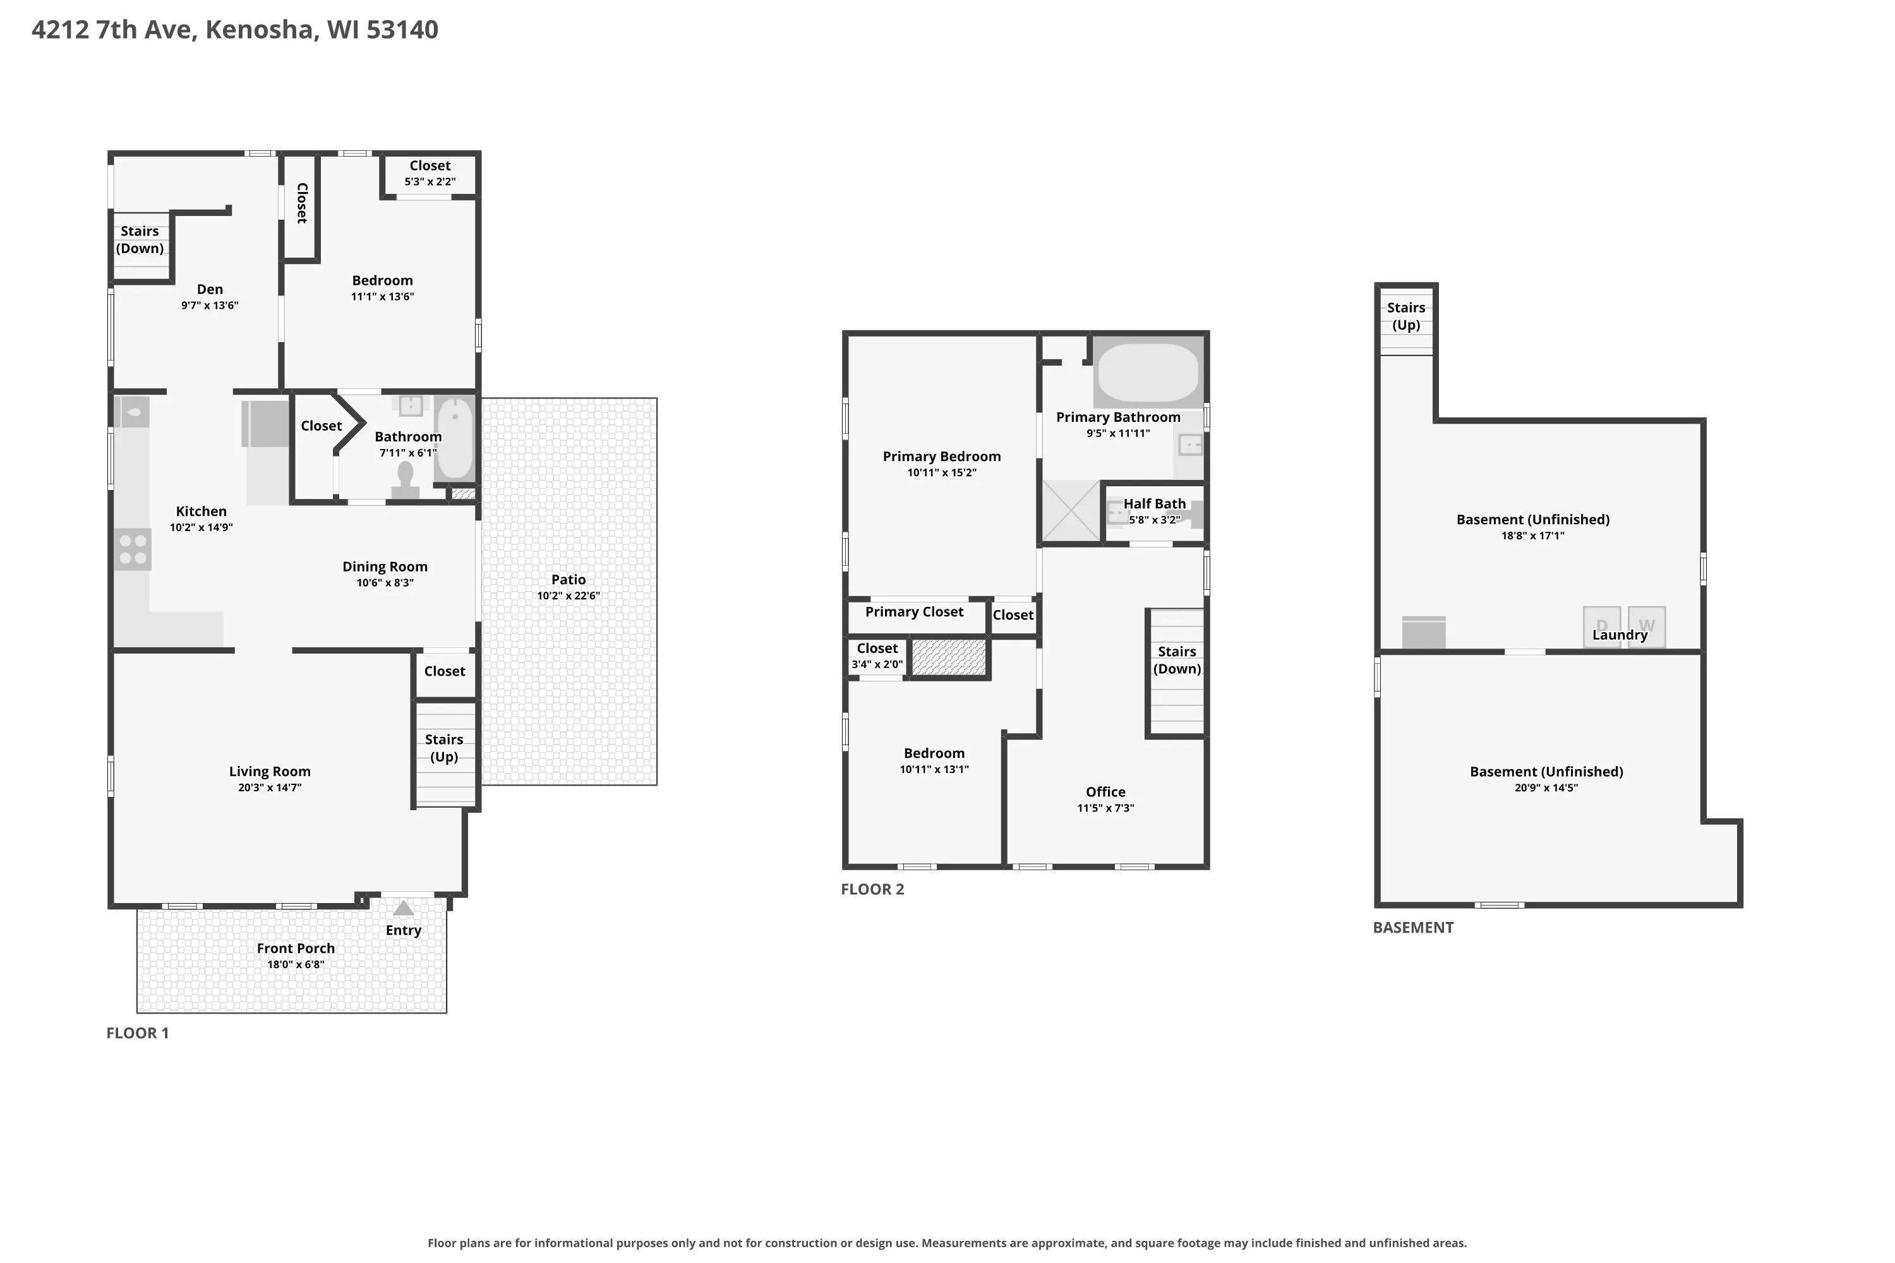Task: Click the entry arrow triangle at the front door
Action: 404,909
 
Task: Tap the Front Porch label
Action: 296,948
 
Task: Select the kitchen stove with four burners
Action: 132,549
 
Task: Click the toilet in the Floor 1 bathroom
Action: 406,481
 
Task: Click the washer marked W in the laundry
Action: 1647,626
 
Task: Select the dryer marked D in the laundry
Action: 1602,626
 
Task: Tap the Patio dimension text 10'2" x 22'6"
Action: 569,596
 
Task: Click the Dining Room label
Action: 385,567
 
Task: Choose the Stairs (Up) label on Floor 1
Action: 444,748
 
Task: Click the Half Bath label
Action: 1155,503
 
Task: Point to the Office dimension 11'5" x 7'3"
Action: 1105,808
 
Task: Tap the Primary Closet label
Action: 915,612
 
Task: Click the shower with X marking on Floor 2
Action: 1071,511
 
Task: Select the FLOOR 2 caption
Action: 872,889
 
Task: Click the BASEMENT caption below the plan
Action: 1413,927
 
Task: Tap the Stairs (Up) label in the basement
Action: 1406,316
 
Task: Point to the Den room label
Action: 210,289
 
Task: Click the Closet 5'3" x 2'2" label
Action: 430,172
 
